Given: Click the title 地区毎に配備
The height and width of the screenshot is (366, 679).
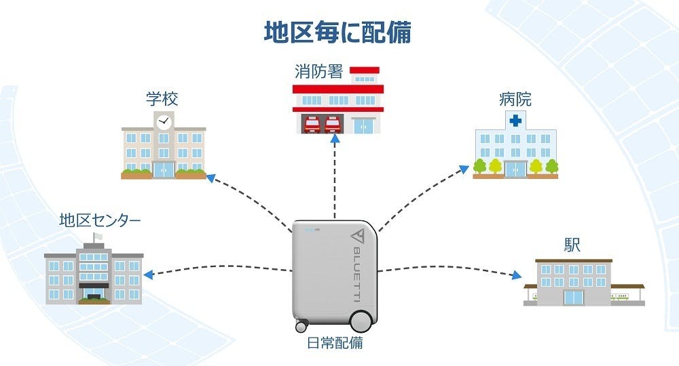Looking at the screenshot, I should [x=337, y=31].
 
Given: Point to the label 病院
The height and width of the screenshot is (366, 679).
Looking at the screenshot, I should [x=515, y=99].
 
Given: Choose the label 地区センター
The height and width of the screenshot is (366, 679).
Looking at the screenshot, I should [x=100, y=220].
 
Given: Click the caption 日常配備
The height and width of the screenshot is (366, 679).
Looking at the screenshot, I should [x=335, y=343].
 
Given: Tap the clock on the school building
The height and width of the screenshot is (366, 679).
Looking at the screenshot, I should [x=163, y=123].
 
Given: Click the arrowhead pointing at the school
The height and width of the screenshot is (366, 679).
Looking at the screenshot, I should [x=210, y=178].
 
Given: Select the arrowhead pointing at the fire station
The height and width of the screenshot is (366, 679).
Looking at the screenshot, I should [x=335, y=139].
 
